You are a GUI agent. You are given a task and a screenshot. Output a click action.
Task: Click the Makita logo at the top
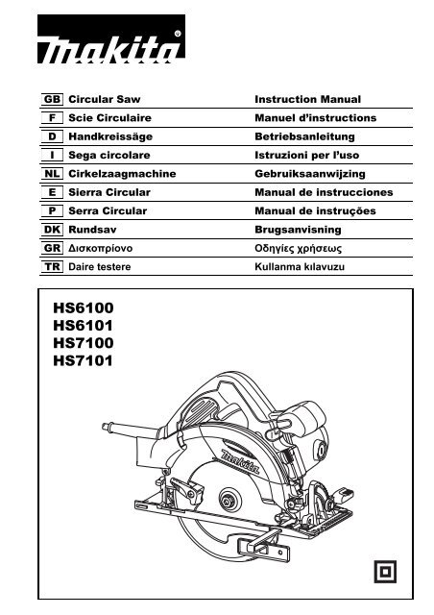click(x=111, y=38)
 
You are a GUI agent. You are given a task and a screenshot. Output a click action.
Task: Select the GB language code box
click(x=52, y=99)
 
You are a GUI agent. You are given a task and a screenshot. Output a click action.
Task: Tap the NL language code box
click(x=52, y=174)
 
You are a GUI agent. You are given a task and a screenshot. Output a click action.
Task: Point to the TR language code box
click(x=52, y=267)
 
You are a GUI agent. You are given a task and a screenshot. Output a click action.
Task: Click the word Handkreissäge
click(x=110, y=136)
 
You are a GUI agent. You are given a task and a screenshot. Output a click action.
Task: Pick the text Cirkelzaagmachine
click(x=122, y=174)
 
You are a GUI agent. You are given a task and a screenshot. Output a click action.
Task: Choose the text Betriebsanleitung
click(x=304, y=136)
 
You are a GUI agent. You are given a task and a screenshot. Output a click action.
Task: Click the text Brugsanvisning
click(x=298, y=230)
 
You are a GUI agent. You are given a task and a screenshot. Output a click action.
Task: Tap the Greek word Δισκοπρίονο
click(x=101, y=248)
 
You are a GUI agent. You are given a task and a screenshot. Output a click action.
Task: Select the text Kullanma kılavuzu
click(x=300, y=267)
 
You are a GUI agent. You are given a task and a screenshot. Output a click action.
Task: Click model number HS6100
click(x=84, y=307)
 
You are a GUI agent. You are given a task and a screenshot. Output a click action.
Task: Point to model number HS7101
click(x=84, y=360)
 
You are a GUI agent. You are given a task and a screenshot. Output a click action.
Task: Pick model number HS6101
click(x=84, y=326)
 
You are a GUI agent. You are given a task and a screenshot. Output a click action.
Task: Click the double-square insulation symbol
click(x=385, y=572)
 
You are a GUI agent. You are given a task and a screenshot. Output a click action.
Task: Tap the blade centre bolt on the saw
click(x=228, y=501)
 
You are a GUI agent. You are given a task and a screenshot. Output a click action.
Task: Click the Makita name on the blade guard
click(x=241, y=462)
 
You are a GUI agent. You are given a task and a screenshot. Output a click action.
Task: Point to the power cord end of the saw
click(x=105, y=427)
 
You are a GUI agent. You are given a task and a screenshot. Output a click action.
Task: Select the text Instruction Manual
click(x=308, y=99)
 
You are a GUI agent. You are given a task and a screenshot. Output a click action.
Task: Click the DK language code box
click(x=52, y=230)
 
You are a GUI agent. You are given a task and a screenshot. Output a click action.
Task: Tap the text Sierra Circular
click(x=109, y=192)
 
